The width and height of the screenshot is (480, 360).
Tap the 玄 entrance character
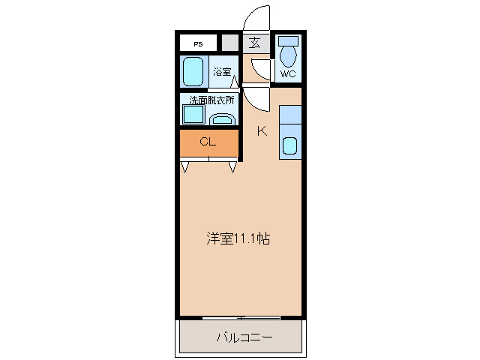click(x=255, y=43)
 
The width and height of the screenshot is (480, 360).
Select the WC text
click(x=288, y=74)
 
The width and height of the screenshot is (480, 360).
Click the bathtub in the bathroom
click(x=194, y=73)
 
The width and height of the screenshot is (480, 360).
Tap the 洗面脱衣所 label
click(x=211, y=100)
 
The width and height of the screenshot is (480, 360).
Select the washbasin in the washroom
click(x=221, y=118)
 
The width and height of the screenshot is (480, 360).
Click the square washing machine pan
click(x=193, y=115)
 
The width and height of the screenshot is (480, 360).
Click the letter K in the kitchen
click(x=262, y=131)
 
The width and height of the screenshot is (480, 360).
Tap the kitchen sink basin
click(x=289, y=146)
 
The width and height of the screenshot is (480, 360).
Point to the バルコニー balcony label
click(x=244, y=337)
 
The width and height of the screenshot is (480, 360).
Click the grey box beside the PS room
click(x=229, y=43)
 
